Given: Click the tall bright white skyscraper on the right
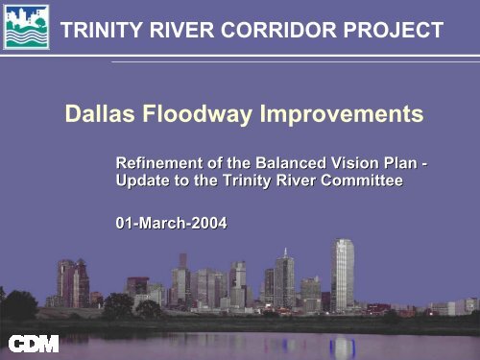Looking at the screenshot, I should click(343, 274).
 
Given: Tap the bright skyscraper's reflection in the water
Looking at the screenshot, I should click(343, 344).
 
